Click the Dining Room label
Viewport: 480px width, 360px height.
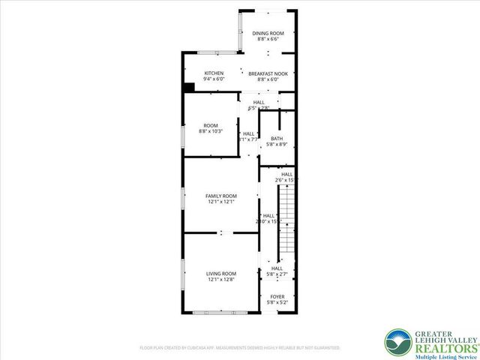[x=268, y=33]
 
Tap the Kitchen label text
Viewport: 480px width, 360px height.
[x=214, y=73]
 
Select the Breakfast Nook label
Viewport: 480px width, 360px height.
[x=268, y=73]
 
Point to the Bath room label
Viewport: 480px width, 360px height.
[x=277, y=138]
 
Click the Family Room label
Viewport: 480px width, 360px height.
[x=221, y=196]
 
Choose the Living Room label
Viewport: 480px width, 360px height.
[x=221, y=273]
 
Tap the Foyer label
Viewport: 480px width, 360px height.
[x=277, y=296]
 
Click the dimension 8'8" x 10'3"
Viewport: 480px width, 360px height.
[x=212, y=131]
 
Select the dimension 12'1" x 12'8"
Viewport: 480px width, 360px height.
[x=221, y=280]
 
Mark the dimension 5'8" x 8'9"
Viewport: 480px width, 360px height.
[x=277, y=144]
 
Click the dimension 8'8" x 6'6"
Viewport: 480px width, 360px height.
[x=268, y=39]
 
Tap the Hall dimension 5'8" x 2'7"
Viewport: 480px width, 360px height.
[x=277, y=274]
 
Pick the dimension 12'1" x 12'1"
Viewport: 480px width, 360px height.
[x=221, y=202]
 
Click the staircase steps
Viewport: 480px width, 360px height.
[x=288, y=221]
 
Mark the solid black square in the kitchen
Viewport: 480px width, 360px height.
[x=188, y=88]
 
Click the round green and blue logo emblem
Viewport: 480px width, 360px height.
[x=398, y=343]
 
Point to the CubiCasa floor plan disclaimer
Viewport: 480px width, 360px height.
[x=240, y=348]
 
